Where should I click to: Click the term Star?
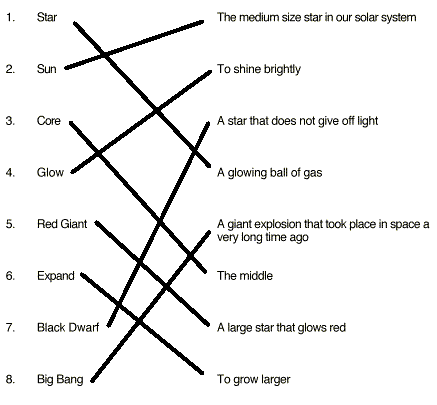coord(47,17)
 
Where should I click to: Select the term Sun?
coord(46,69)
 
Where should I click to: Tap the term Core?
coord(49,121)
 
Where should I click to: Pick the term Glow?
coord(50,172)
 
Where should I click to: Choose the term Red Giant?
coord(62,224)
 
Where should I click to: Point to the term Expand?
coord(56,276)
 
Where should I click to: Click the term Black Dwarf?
coord(68,327)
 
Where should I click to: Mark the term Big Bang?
coord(60,379)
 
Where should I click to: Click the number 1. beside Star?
coord(11,17)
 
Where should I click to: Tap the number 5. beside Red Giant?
coord(11,224)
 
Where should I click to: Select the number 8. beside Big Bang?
coord(11,379)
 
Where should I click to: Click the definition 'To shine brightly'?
coord(259,69)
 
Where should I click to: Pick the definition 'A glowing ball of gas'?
coord(270,173)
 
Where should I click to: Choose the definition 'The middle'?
coord(245,276)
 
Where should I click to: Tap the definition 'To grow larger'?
coord(254,379)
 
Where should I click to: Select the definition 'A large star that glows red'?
coord(281,328)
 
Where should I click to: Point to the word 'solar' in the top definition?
coord(366,17)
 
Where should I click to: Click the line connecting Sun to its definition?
coord(134,45)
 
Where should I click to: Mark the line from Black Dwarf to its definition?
coord(158,224)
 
